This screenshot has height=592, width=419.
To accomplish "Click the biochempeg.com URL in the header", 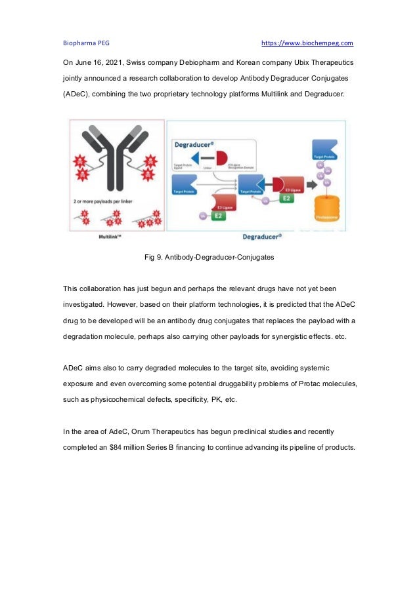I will coord(307,43).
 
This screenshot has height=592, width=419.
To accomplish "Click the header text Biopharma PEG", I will coord(86,43).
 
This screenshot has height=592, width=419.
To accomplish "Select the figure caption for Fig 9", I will coord(209,258).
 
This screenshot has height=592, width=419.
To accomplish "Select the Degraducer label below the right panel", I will coord(263,236).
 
